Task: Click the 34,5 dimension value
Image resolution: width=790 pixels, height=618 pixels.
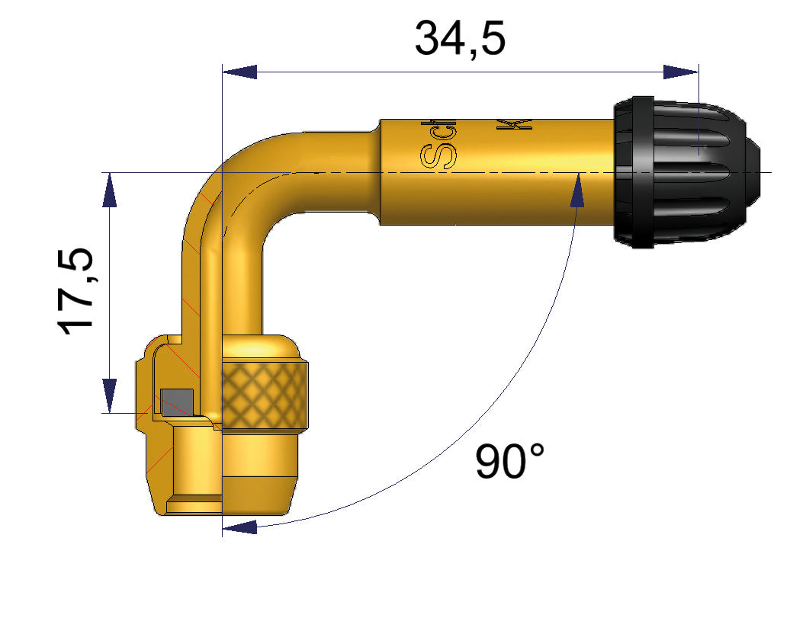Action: click(x=460, y=40)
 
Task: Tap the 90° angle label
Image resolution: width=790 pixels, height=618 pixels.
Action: click(x=510, y=461)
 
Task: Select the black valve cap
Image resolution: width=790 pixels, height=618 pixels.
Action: click(x=686, y=171)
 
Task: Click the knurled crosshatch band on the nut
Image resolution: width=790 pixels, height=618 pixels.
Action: click(x=265, y=395)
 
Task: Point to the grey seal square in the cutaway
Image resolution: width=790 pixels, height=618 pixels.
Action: click(x=178, y=399)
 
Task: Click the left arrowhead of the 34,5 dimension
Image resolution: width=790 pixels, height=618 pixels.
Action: click(x=238, y=72)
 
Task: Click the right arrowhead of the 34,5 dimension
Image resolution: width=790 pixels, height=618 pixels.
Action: click(x=680, y=72)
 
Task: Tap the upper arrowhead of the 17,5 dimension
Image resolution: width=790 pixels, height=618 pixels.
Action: click(x=110, y=189)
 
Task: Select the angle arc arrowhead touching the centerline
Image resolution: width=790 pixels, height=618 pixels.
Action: click(x=577, y=191)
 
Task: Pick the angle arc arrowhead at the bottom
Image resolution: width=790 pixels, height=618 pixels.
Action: click(x=241, y=525)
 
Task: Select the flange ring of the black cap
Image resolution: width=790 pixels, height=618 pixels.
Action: click(x=632, y=171)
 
